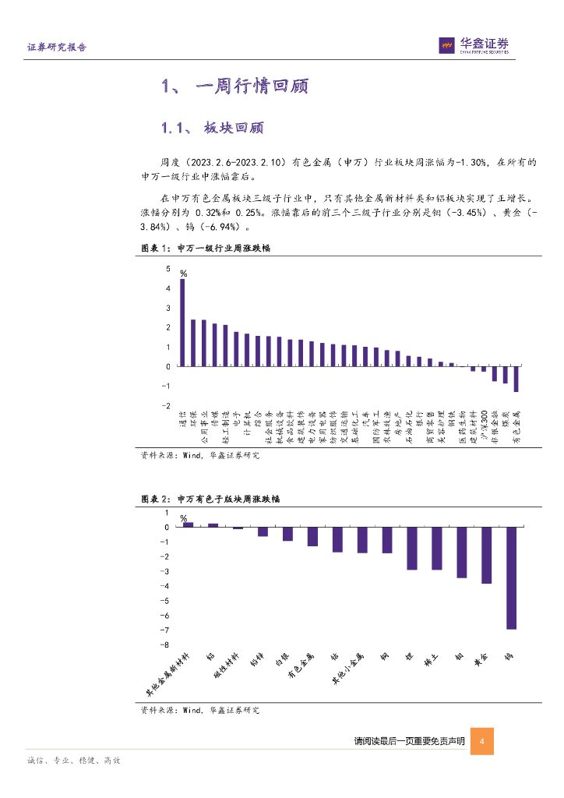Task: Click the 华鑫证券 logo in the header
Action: [x=474, y=46]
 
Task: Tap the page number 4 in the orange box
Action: [x=482, y=741]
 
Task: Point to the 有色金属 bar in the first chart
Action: [x=516, y=379]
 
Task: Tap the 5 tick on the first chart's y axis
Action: [x=167, y=269]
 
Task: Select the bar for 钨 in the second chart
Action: [x=511, y=577]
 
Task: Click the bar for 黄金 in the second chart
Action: [x=486, y=555]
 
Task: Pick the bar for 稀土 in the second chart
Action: [x=436, y=548]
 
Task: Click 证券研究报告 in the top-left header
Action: [x=57, y=48]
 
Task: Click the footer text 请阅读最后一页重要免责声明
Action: [x=409, y=741]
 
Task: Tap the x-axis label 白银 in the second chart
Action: [x=284, y=662]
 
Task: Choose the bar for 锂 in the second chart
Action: [x=411, y=548]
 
